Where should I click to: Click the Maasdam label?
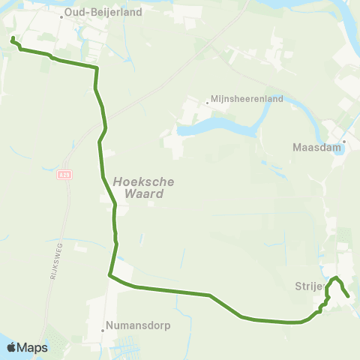click(x=317, y=148)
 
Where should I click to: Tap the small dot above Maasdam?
click(x=344, y=140)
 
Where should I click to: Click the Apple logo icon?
click(x=11, y=347)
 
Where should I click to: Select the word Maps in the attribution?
click(x=33, y=347)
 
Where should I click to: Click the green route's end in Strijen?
click(x=349, y=297)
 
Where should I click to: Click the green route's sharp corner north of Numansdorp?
click(x=109, y=275)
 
